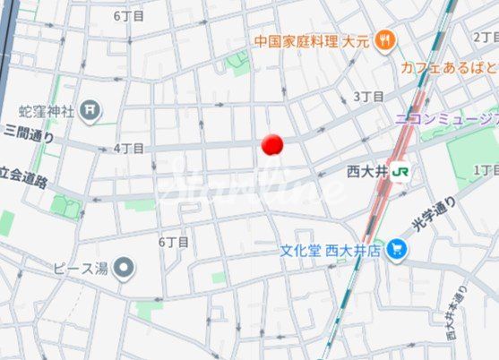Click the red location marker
[272, 144]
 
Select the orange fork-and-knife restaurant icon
[386, 39]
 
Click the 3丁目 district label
[368, 96]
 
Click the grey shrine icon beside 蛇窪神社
[90, 110]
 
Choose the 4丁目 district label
[129, 148]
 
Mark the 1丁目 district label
[486, 169]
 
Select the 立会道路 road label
[24, 178]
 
